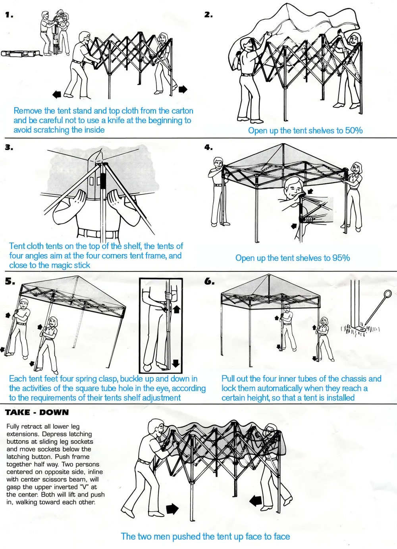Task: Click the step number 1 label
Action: pos(9,15)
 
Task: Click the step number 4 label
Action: pos(208,147)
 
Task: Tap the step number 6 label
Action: pos(209,281)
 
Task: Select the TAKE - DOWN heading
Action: pos(37,412)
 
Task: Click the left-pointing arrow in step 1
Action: pos(57,94)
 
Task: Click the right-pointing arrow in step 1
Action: pos(183,89)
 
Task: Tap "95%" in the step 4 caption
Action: pos(341,258)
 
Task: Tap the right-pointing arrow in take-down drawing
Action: pos(172,509)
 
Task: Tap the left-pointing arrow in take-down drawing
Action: pos(255,501)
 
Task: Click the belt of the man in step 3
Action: pos(97,233)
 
